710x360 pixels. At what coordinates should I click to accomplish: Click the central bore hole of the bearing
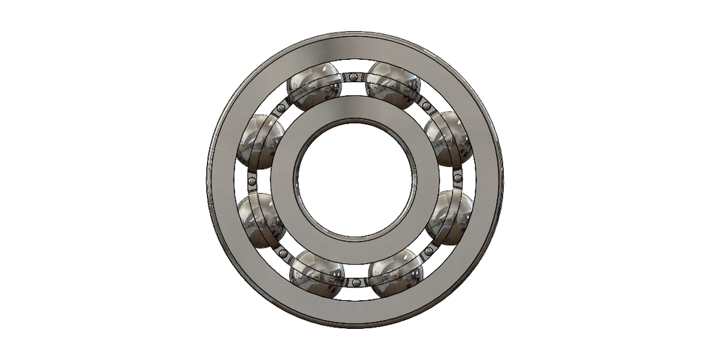(355, 180)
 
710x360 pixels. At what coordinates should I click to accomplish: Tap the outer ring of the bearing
(355, 46)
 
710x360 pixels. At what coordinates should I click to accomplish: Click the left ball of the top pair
(314, 86)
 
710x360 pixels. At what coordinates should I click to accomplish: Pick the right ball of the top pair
(393, 84)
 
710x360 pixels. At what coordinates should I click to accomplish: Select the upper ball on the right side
(448, 138)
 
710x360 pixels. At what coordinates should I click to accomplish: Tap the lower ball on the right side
(449, 217)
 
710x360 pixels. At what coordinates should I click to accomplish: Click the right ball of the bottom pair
(395, 273)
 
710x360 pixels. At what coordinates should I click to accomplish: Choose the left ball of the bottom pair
(317, 274)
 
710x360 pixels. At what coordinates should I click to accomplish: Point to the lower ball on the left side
(261, 220)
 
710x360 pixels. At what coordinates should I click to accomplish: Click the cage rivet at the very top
(354, 77)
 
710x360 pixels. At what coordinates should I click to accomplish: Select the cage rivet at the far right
(458, 178)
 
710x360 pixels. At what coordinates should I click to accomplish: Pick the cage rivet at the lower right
(428, 251)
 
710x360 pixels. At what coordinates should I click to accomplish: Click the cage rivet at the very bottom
(356, 282)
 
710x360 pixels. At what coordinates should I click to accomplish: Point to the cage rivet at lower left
(283, 253)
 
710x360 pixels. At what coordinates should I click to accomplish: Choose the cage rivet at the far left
(251, 180)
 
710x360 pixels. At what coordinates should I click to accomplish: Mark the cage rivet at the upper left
(281, 108)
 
